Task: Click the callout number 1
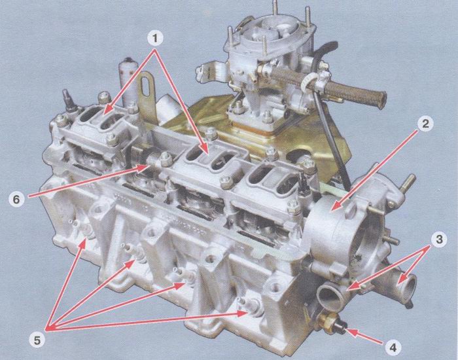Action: click(155, 39)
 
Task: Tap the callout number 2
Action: click(425, 124)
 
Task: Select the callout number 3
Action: click(439, 240)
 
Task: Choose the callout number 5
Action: click(37, 341)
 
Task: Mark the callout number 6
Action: click(16, 200)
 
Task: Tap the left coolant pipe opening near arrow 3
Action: click(330, 296)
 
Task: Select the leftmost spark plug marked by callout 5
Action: click(83, 228)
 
